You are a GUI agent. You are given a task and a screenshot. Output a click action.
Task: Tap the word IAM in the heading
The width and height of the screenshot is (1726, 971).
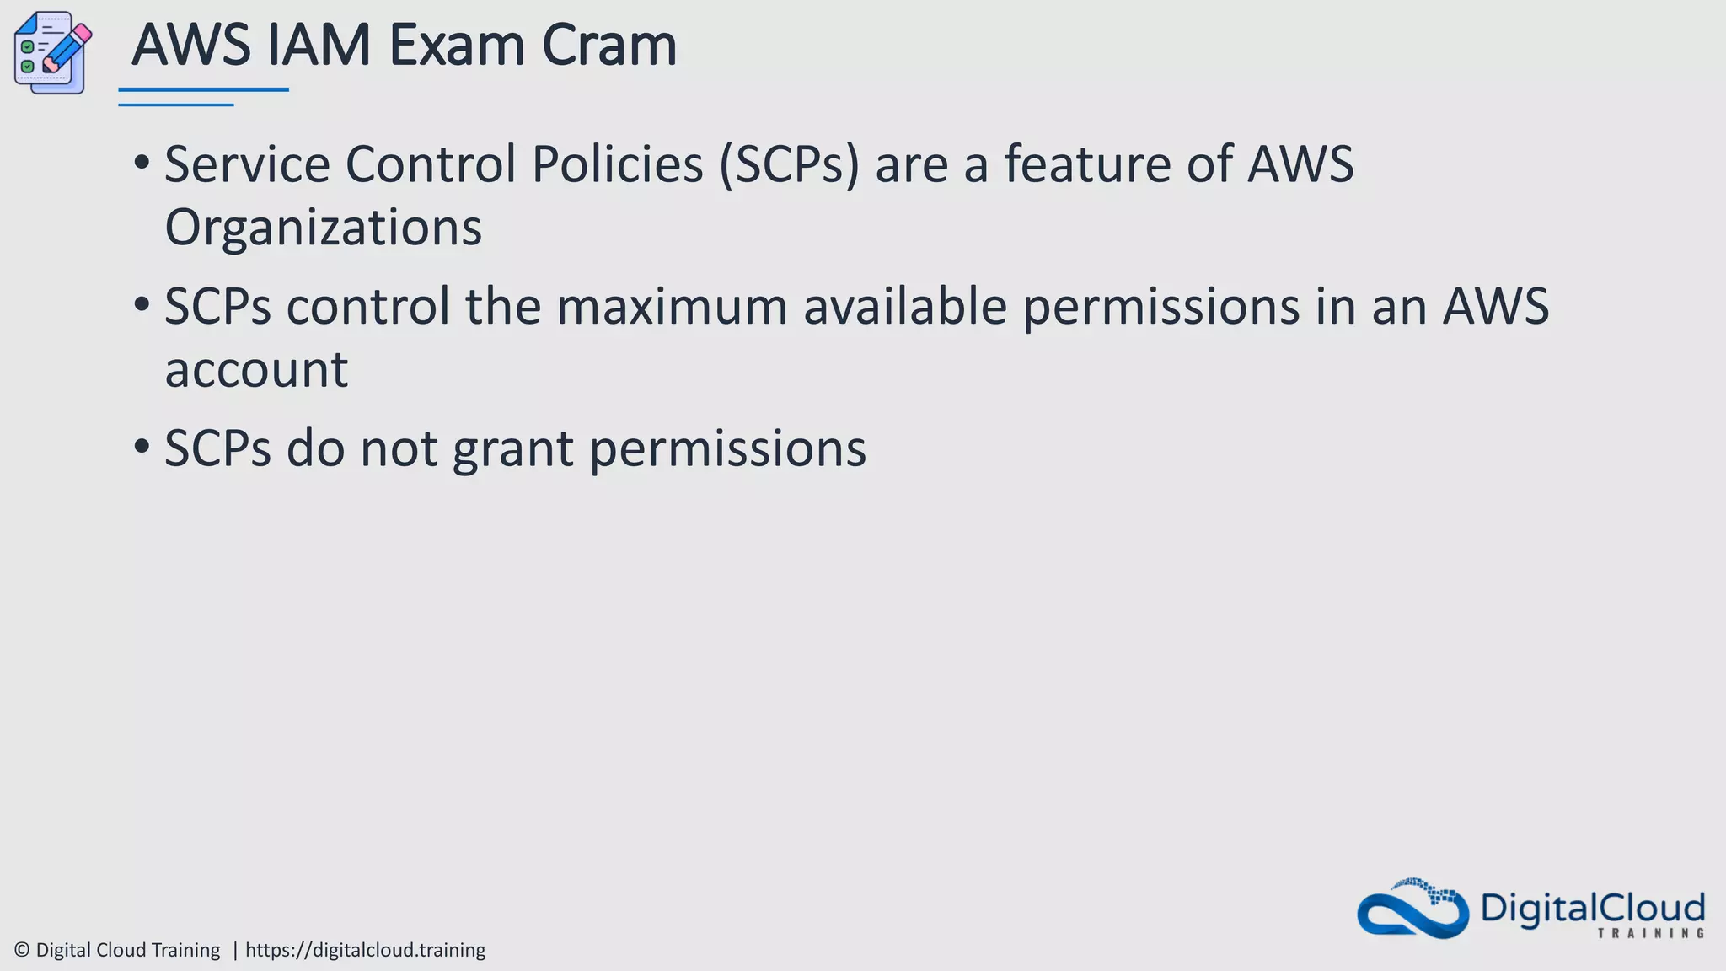pyautogui.click(x=319, y=46)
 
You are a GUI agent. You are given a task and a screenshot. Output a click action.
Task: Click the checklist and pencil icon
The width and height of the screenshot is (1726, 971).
pyautogui.click(x=52, y=52)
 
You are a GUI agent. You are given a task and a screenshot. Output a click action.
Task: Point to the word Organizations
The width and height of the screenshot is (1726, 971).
pyautogui.click(x=323, y=228)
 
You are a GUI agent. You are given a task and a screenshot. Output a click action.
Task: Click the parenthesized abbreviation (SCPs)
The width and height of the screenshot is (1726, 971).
pyautogui.click(x=789, y=164)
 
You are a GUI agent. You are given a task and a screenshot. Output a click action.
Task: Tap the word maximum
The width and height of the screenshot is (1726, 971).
pyautogui.click(x=672, y=306)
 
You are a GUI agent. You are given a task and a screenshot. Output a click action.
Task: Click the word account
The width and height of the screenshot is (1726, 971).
pyautogui.click(x=256, y=370)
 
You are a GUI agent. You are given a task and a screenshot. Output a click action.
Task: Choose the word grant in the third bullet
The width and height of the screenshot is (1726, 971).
pyautogui.click(x=513, y=449)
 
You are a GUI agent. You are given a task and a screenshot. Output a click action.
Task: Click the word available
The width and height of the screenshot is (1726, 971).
pyautogui.click(x=905, y=306)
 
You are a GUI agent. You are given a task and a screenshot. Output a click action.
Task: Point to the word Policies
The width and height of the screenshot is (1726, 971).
pyautogui.click(x=617, y=164)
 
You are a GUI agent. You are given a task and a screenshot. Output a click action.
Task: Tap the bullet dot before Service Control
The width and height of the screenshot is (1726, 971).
pyautogui.click(x=142, y=161)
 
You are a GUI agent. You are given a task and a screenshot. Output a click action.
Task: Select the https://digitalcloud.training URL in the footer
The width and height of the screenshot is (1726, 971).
pyautogui.click(x=365, y=950)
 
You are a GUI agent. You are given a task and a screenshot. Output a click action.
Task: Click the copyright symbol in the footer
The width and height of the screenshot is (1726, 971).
pyautogui.click(x=22, y=950)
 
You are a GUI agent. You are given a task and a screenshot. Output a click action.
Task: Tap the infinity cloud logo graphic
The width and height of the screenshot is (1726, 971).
pyautogui.click(x=1412, y=909)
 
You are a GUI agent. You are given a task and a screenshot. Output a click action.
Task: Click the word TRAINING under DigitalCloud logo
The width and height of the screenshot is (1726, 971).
pyautogui.click(x=1650, y=933)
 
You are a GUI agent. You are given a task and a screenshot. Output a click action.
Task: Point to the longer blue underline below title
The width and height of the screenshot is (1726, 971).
pyautogui.click(x=203, y=89)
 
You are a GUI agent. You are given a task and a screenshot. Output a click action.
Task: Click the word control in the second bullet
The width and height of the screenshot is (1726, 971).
pyautogui.click(x=368, y=306)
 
